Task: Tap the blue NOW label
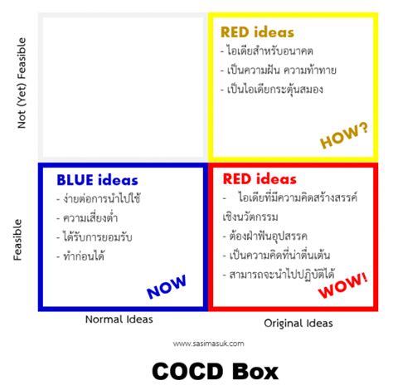pos(167,287)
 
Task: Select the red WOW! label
pos(342,287)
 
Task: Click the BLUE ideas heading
pos(97,180)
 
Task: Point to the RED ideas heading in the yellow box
pos(257,32)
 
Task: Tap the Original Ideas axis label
pos(299,322)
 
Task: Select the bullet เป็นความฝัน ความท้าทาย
pos(286,70)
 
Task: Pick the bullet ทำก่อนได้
pos(84,256)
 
